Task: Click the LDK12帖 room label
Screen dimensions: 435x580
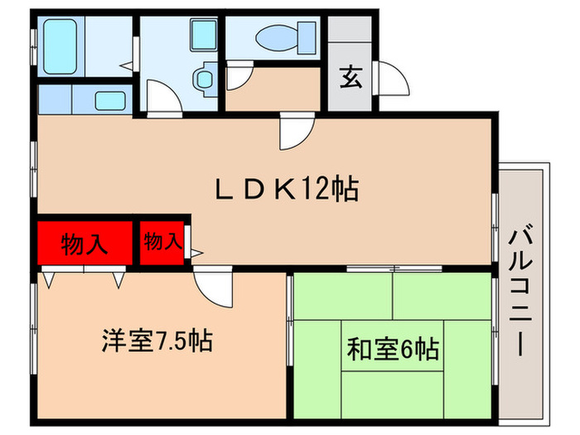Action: tap(287, 190)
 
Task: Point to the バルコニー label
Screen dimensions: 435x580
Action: tap(520, 289)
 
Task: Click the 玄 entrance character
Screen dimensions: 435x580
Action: tap(349, 80)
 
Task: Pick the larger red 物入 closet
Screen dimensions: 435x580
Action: tap(85, 244)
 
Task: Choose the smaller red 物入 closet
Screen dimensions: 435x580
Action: tap(163, 242)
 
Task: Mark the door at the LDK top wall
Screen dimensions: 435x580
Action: tap(297, 131)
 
